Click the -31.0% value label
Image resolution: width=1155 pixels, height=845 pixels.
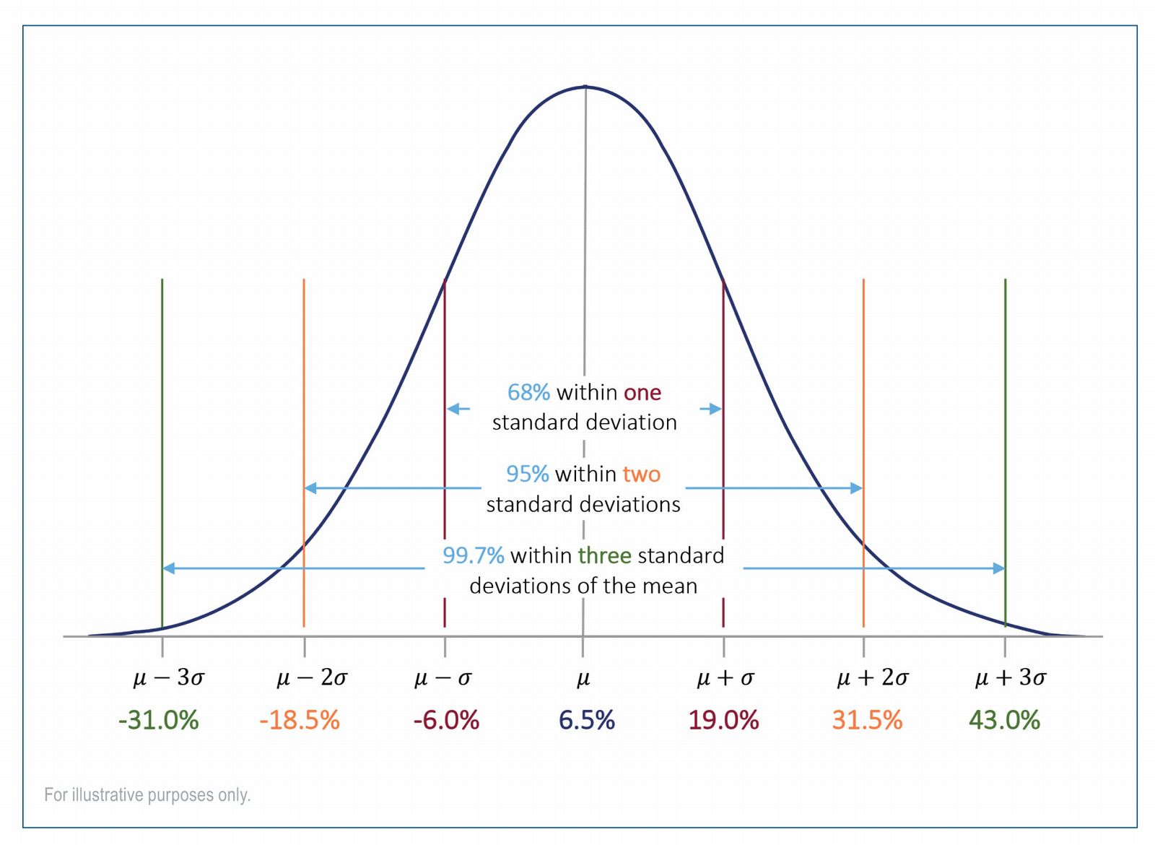coord(158,720)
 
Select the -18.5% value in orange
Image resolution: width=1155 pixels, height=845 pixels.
coord(299,720)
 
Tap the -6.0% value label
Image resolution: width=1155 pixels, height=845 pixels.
coord(446,720)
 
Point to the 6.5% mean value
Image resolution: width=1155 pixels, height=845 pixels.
coord(586,720)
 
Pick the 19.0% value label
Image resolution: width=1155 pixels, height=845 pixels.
coord(723,720)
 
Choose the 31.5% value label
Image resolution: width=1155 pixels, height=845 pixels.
coord(867,720)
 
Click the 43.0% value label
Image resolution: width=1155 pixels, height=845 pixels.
coord(1004,720)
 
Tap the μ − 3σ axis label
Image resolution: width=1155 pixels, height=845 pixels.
coord(169,677)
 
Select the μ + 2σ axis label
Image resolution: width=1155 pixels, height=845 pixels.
coord(873,677)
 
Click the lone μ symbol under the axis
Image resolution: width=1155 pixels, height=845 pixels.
coord(583,678)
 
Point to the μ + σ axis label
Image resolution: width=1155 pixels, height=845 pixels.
coord(725,677)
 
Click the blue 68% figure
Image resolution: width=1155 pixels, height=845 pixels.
coord(528,392)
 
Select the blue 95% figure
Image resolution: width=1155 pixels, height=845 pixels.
coord(527,474)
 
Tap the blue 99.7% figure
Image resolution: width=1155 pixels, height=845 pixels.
coord(473,555)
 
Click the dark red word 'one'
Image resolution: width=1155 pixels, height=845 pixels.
coord(642,392)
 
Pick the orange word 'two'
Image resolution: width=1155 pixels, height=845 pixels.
coord(642,474)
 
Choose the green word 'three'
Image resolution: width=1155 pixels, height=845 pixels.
coord(605,555)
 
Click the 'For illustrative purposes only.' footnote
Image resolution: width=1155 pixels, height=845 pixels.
coord(147,794)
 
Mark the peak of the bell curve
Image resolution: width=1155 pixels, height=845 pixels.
coord(585,87)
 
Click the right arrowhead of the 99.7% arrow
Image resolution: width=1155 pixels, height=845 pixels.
coord(999,568)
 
